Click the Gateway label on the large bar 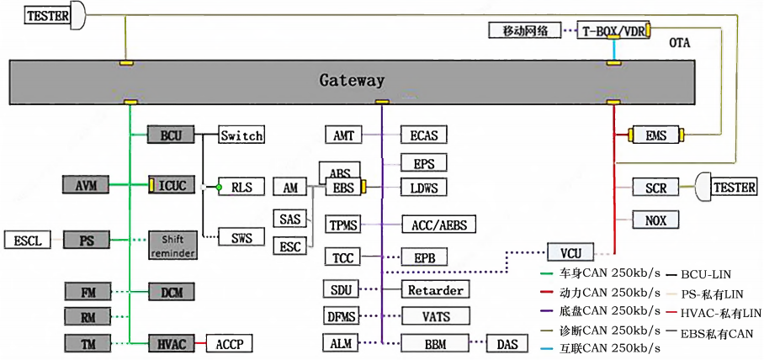(x=352, y=81)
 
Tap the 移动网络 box (x=525, y=31)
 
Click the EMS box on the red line (x=655, y=135)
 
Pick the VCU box (x=570, y=251)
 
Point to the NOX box (x=655, y=220)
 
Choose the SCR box (x=655, y=187)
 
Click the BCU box (x=172, y=135)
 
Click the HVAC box (x=172, y=343)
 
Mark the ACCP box (x=228, y=343)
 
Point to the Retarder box (x=435, y=290)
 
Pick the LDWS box (x=423, y=187)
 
